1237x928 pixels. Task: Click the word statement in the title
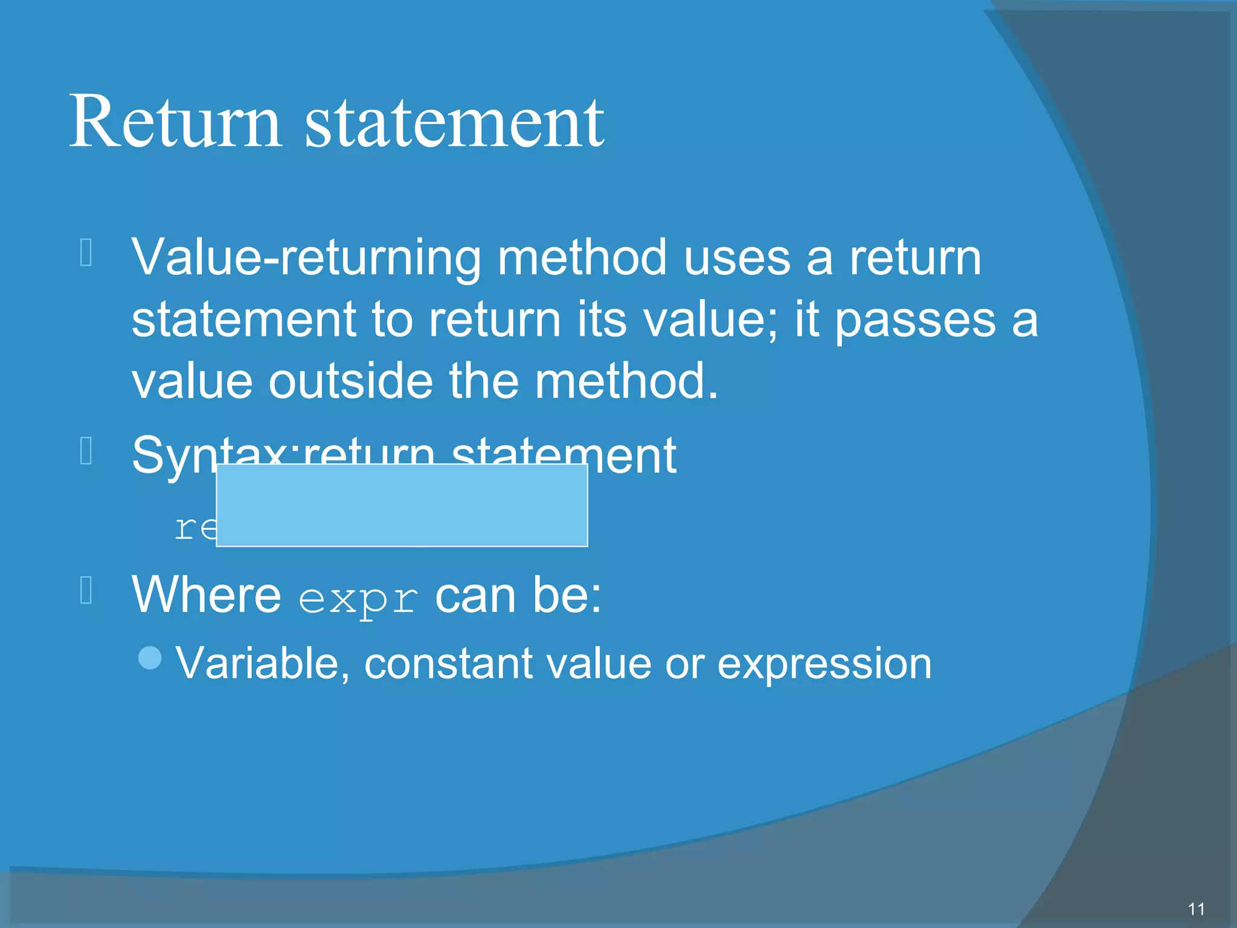pos(454,123)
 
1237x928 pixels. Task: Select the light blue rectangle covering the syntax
pos(402,505)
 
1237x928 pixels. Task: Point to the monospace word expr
pos(358,599)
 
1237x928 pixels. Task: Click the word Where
pos(207,595)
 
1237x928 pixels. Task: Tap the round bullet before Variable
pos(150,658)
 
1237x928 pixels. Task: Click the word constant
pos(448,663)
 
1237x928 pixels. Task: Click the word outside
pos(350,381)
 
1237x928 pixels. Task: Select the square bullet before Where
pos(86,591)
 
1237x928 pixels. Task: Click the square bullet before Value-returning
pos(86,253)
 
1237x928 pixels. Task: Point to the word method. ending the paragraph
pos(626,381)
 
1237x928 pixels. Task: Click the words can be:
pos(518,595)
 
